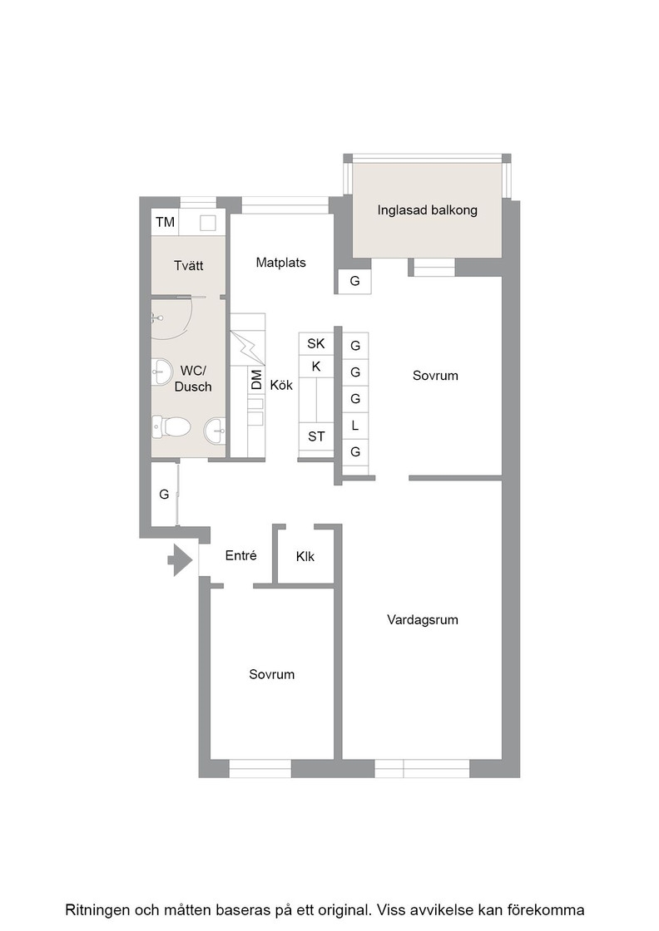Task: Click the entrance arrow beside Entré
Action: coord(181,559)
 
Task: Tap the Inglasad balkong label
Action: coord(427,210)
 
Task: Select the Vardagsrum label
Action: coord(423,620)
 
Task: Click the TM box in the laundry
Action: coord(166,222)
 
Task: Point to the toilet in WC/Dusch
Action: coord(171,426)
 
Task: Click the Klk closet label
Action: coord(305,556)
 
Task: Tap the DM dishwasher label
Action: coord(257,380)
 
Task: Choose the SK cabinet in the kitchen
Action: coord(316,343)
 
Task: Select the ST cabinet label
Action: coord(316,437)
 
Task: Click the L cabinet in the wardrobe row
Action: coord(355,425)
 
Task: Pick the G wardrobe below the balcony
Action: coord(354,281)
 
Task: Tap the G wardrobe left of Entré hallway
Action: coord(165,494)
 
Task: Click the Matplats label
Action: coord(281,263)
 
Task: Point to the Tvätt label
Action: coord(188,265)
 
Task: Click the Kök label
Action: coord(281,385)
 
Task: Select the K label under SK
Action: coord(316,367)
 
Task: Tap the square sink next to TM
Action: coord(208,223)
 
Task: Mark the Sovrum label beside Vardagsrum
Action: coord(435,375)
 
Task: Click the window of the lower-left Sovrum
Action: coord(260,768)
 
